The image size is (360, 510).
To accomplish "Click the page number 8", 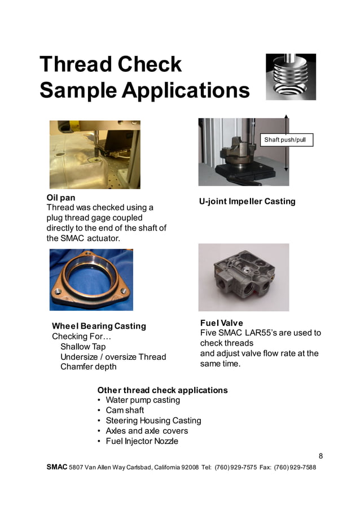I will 321,456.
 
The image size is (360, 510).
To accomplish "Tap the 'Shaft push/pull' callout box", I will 288,140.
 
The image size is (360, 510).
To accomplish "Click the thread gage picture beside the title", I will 291,77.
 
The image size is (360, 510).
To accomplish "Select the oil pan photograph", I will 95,154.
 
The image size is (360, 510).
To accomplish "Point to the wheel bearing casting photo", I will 91,280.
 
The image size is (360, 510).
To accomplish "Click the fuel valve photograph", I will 243,277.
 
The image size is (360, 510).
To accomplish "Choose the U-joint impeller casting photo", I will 243,152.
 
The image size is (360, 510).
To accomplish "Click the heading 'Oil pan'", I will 60,198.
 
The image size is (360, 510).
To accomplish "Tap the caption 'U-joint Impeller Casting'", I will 247,202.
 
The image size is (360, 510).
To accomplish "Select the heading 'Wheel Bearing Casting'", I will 99,326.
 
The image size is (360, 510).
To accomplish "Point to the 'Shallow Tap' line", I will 83,346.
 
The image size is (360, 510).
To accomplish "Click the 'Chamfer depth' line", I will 89,367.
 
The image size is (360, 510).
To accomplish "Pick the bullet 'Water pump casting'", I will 143,400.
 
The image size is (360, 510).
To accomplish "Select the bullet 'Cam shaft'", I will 125,410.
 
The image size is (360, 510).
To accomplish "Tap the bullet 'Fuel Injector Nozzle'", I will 142,441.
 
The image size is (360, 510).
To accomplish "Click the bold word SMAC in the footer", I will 56,468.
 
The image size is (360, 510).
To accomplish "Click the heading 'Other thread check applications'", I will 163,390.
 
